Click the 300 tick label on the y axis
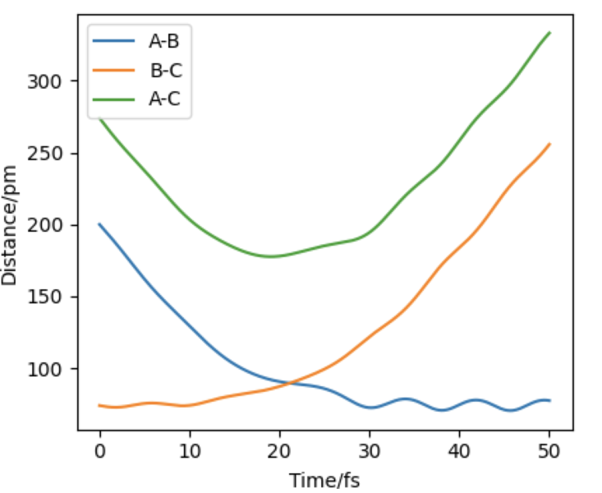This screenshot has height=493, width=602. [x=54, y=81]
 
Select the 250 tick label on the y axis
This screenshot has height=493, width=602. [x=54, y=154]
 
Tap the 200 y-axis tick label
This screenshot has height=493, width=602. [x=54, y=225]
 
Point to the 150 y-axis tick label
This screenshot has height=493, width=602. [x=54, y=297]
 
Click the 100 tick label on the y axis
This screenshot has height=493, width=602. [x=54, y=369]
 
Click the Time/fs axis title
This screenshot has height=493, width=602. [x=324, y=478]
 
